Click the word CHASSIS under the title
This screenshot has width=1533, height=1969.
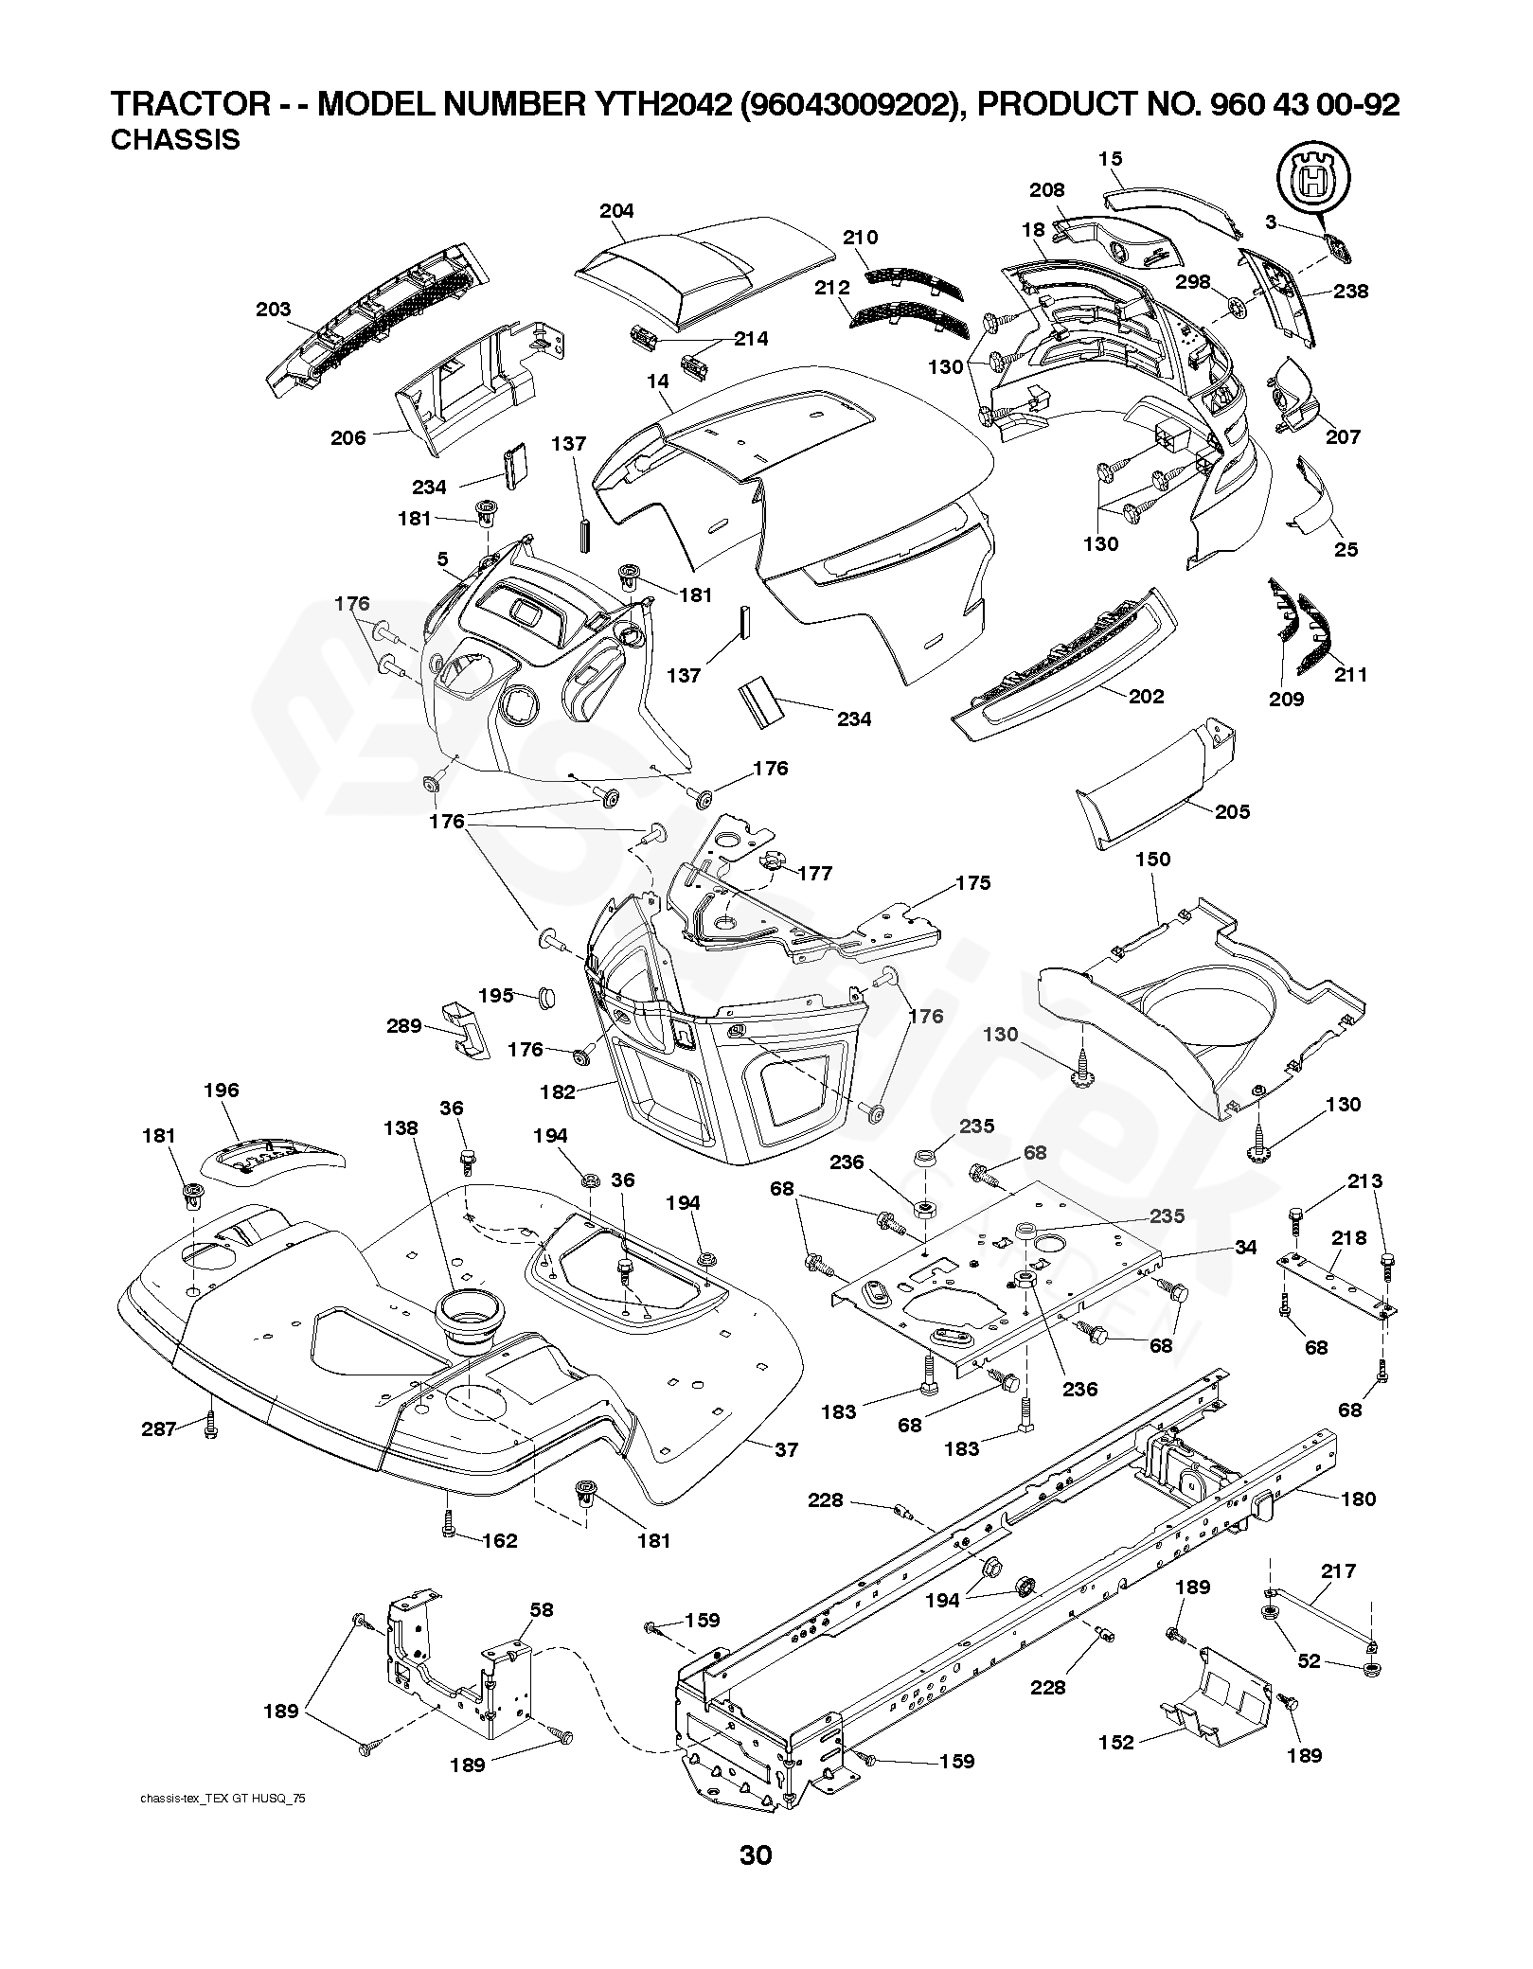click(175, 140)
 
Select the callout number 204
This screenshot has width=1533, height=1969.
click(616, 211)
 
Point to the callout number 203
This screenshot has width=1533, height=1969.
click(274, 310)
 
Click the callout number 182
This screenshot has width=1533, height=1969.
click(558, 1092)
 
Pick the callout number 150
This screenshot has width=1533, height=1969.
click(1152, 860)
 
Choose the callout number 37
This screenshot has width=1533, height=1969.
click(787, 1449)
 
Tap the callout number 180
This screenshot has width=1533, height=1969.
click(1359, 1499)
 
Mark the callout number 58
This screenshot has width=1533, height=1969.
click(542, 1609)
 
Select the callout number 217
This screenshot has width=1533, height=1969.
click(1339, 1571)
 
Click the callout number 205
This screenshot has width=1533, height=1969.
click(1232, 812)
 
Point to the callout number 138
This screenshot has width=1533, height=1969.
click(401, 1127)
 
